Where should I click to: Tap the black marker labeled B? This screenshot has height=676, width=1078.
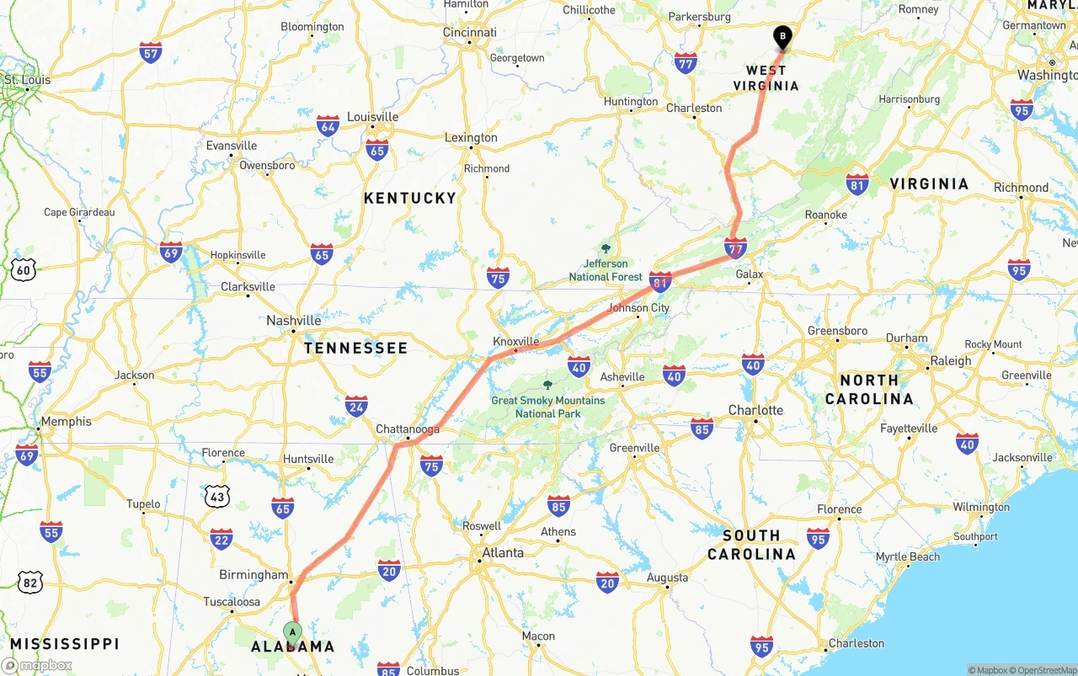782,37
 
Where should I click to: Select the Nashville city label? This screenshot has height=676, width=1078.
293,321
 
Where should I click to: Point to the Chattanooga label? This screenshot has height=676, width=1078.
408,429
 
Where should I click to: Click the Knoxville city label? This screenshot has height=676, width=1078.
515,342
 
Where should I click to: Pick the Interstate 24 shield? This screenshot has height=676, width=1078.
356,407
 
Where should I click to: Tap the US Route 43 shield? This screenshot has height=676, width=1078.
217,497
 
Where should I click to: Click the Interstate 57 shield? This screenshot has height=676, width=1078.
151,52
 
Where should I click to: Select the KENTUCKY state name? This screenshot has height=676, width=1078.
409,198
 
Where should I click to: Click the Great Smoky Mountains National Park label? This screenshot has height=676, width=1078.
547,407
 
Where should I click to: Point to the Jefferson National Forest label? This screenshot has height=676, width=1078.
605,270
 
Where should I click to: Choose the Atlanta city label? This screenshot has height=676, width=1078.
502,553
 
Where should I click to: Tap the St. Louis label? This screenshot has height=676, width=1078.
28,80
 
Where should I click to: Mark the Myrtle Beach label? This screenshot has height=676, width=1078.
907,557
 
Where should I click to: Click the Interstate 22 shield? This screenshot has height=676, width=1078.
221,539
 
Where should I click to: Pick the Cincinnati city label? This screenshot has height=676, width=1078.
469,33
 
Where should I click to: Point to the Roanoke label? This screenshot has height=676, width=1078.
825,216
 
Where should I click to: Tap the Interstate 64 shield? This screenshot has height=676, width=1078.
328,126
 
